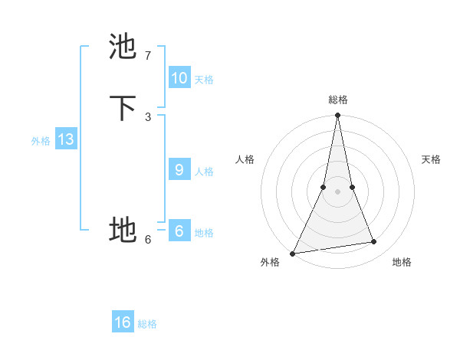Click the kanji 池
[123, 47]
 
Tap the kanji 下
[123, 108]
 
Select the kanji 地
[123, 229]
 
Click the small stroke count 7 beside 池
[147, 56]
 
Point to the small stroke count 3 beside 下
[147, 116]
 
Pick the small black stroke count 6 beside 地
[147, 239]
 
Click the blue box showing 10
[179, 77]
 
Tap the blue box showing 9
[179, 169]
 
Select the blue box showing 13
[66, 139]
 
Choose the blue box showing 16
[123, 322]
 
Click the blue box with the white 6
[179, 231]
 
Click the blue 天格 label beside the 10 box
[204, 79]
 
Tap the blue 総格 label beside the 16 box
[147, 324]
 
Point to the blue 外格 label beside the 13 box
[41, 141]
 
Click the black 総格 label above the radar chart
[337, 100]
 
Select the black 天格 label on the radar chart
[432, 159]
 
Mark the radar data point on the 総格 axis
[337, 116]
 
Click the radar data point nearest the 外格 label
[292, 253]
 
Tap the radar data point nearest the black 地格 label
[374, 242]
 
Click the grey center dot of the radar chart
[337, 191]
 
